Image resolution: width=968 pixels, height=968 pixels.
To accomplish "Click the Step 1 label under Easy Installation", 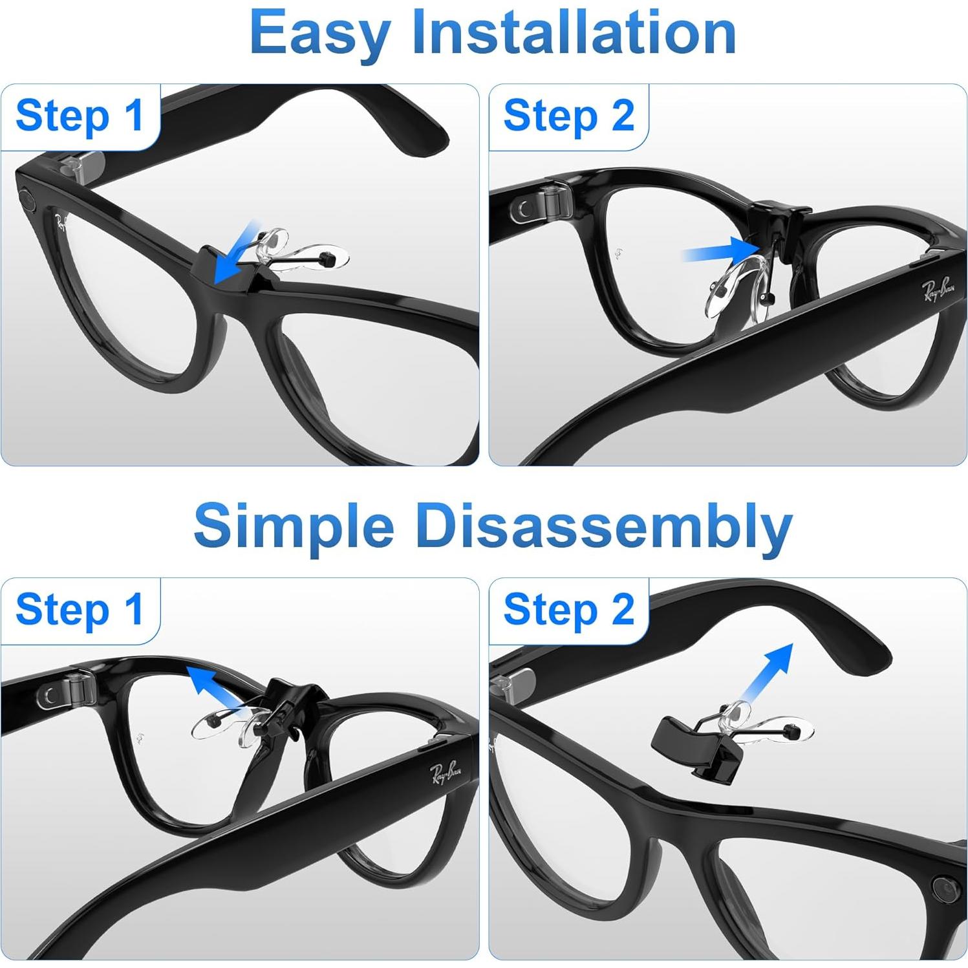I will [x=79, y=116].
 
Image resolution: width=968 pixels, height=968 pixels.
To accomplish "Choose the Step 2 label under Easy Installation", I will [x=568, y=116].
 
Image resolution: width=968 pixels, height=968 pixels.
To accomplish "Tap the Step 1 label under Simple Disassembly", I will [x=79, y=610].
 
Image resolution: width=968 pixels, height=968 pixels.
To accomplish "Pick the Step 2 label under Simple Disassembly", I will [x=568, y=610].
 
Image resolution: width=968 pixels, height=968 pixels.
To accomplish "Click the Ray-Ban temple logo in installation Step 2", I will [x=938, y=287].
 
